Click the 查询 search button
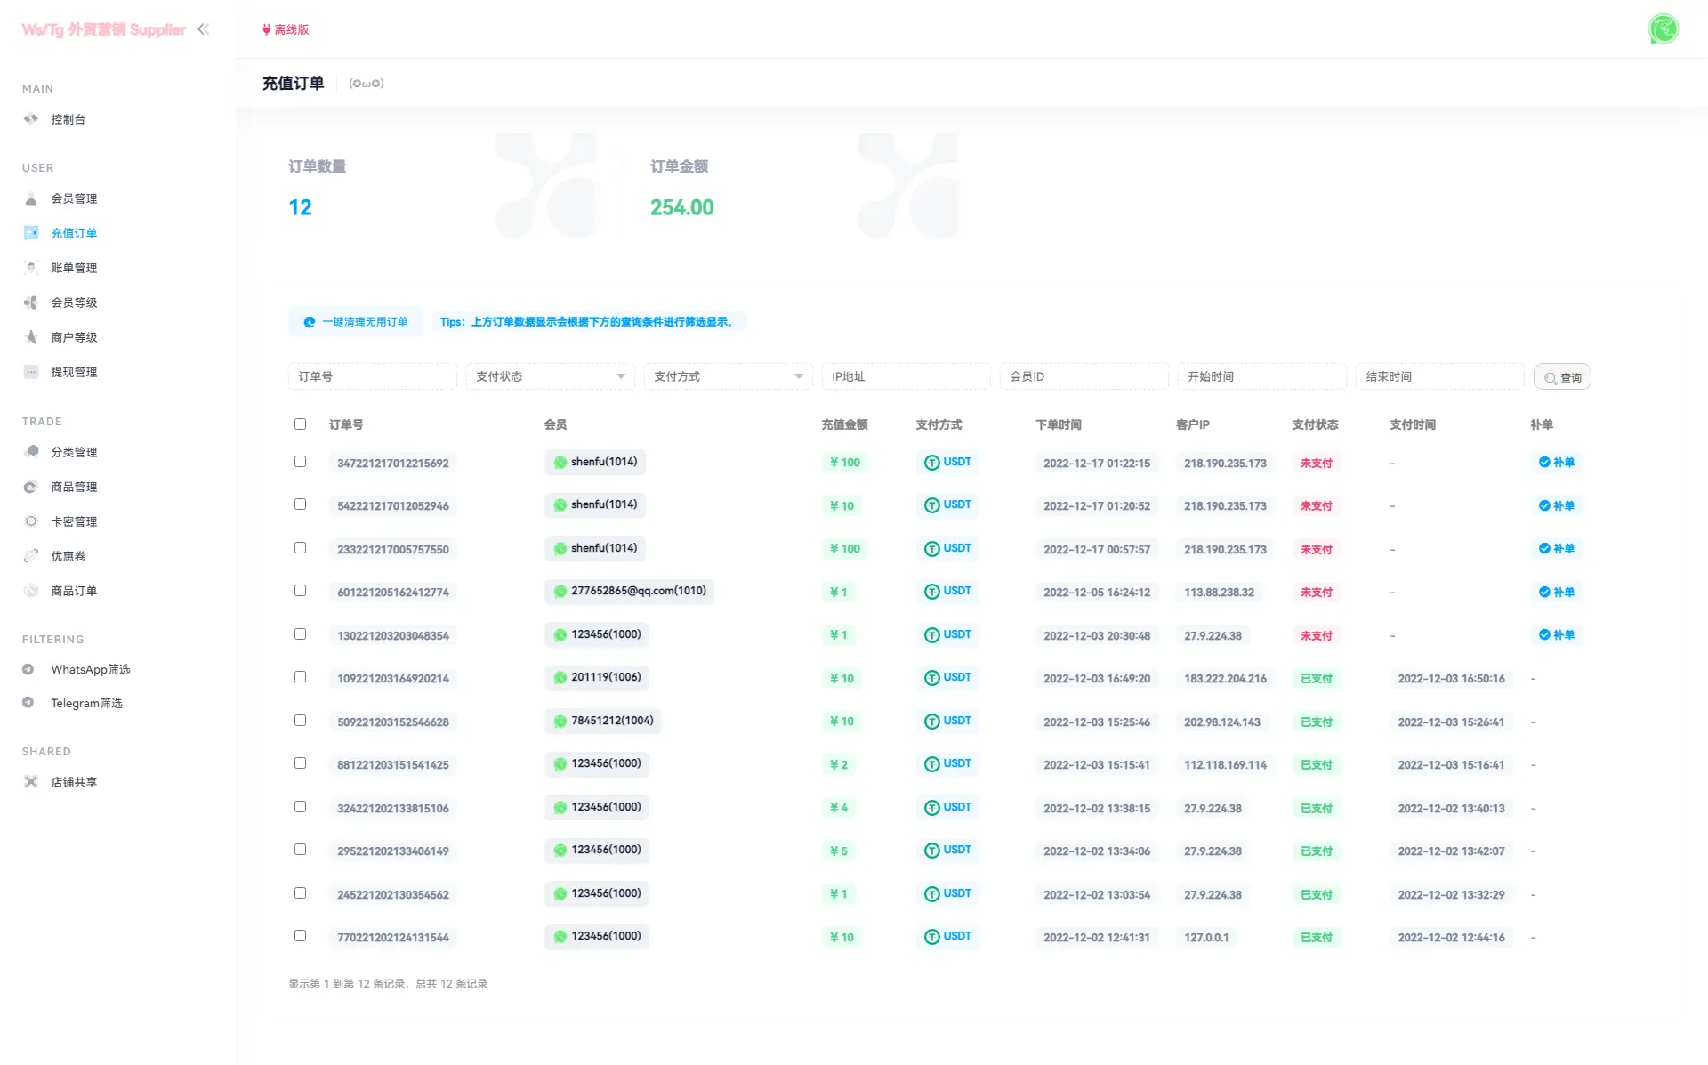tap(1562, 377)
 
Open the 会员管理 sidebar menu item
tap(74, 198)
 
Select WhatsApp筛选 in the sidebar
tap(90, 669)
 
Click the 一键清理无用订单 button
tap(356, 322)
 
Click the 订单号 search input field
tap(372, 377)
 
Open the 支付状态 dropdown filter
tap(550, 377)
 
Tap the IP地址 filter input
tap(905, 377)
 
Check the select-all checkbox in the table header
tap(300, 424)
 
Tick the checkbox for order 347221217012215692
tap(300, 462)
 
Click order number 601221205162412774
tap(393, 593)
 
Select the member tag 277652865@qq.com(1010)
tap(629, 592)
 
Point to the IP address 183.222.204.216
tap(1225, 679)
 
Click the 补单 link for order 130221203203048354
tap(1557, 635)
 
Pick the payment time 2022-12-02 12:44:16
tap(1451, 938)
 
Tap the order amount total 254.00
tap(681, 207)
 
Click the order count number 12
tap(300, 207)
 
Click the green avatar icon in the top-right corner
tap(1663, 29)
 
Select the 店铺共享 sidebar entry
tap(74, 782)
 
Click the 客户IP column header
tap(1192, 424)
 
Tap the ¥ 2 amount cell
tap(839, 765)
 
